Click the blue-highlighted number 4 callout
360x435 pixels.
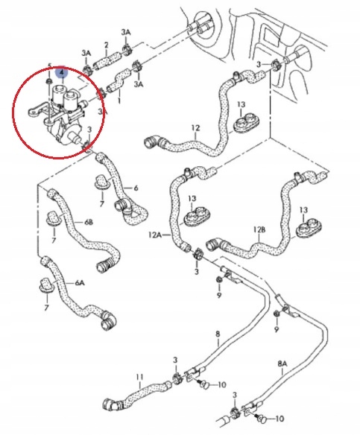coord(62,72)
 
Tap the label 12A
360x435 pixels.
coord(155,235)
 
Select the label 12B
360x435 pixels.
coord(259,229)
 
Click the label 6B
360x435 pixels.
coord(88,223)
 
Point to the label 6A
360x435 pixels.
coord(80,283)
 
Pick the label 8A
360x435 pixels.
coord(282,363)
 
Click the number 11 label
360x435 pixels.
coord(139,377)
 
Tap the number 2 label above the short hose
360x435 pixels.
coord(106,45)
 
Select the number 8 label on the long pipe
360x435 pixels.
coord(218,334)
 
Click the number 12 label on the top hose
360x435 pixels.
coord(196,128)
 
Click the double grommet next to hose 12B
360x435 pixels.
coord(310,227)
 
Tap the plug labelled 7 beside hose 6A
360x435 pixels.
coord(45,285)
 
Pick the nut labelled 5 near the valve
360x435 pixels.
coord(49,81)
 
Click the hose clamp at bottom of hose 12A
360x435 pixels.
coord(198,254)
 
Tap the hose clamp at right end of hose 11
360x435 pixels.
coord(177,378)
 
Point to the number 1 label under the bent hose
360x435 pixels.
coord(119,99)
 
